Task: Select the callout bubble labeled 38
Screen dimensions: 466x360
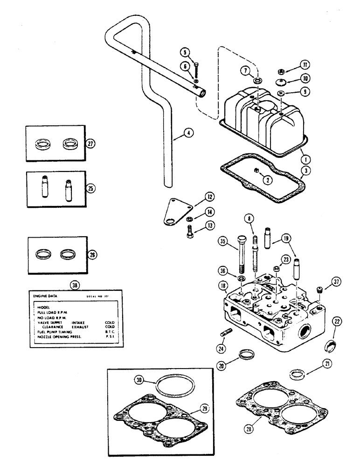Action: (74, 284)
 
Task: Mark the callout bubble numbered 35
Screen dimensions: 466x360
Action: (223, 242)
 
